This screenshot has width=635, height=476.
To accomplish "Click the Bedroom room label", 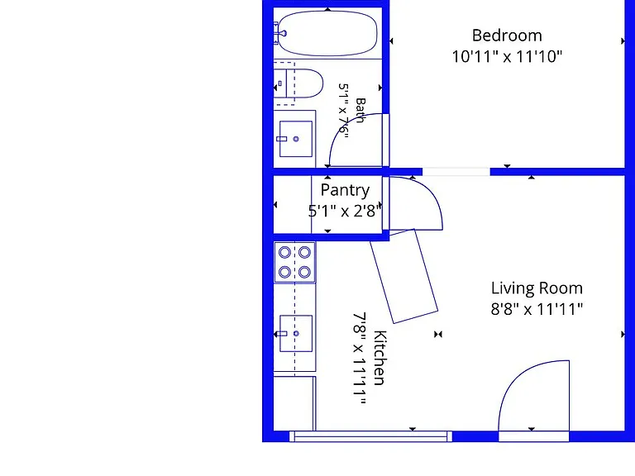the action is (507, 36).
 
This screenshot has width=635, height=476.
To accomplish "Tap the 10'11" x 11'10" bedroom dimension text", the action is (507, 57).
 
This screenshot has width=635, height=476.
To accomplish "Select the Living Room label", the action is (537, 288).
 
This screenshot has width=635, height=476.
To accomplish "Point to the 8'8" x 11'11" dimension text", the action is (537, 309).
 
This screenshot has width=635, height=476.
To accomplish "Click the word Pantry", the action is (345, 190).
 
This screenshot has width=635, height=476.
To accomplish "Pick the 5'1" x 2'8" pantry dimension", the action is (345, 211).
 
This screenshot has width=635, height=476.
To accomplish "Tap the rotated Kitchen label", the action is (380, 358).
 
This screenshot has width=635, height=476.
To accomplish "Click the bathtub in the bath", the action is (327, 34).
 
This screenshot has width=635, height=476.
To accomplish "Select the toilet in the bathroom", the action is (298, 83).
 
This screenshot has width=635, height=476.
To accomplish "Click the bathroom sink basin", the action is (296, 139).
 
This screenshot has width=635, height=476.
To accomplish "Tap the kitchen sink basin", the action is (296, 334).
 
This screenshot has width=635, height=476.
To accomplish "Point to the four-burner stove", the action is (295, 262).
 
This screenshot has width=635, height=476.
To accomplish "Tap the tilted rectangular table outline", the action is (404, 277).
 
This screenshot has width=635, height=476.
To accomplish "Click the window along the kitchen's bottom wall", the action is (370, 436).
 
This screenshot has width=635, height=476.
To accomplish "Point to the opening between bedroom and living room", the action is (456, 172).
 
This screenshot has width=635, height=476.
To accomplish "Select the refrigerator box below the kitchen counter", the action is (294, 403).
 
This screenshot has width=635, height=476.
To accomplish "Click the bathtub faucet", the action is (280, 33).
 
